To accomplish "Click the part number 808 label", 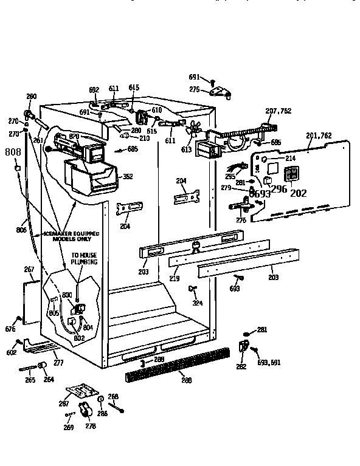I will point(13,152).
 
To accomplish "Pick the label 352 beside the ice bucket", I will point(128,177).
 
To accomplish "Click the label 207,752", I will point(279,111).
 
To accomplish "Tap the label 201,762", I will point(319,135).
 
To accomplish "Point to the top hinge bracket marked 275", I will point(219,92).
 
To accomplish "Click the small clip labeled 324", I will point(193,287).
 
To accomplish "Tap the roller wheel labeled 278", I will point(87,411).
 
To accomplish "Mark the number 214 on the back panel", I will point(291,159).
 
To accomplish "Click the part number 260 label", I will point(31,97).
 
